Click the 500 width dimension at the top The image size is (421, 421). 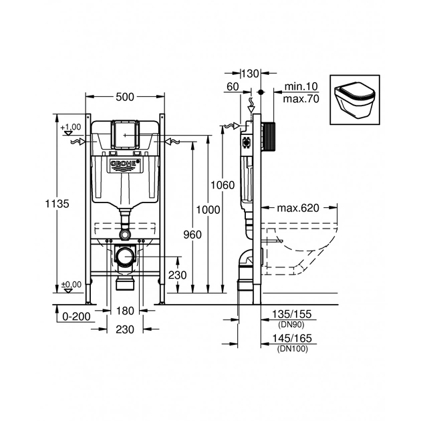coord(124,97)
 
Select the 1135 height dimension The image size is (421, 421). coord(58,205)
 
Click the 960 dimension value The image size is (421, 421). coord(190,234)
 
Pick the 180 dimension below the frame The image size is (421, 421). coord(125,310)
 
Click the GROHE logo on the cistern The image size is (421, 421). coord(125,163)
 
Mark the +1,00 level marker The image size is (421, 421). coord(70,127)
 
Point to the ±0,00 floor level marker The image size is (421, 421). coord(70,284)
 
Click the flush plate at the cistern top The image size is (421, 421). coord(125,134)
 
